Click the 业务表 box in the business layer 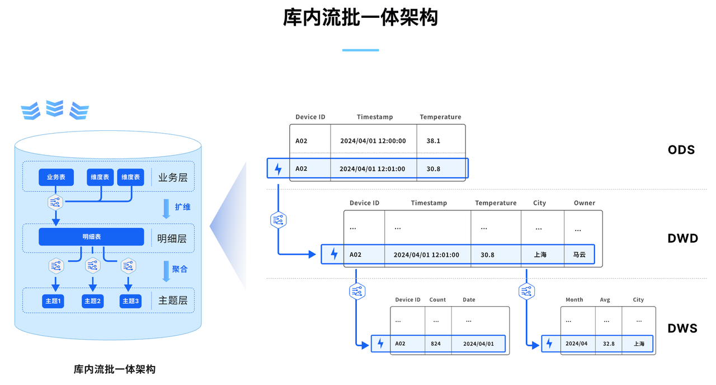pyautogui.click(x=56, y=177)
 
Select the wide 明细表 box pyautogui.click(x=91, y=237)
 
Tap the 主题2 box pyautogui.click(x=93, y=301)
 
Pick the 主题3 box pyautogui.click(x=130, y=301)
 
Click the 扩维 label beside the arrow pyautogui.click(x=182, y=207)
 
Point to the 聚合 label pyautogui.click(x=180, y=269)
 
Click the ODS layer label pyautogui.click(x=681, y=150)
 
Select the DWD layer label pyautogui.click(x=683, y=238)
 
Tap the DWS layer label pyautogui.click(x=682, y=328)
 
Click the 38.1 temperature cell pyautogui.click(x=433, y=141)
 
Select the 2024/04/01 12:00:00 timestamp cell pyautogui.click(x=373, y=141)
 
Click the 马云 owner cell pyautogui.click(x=579, y=255)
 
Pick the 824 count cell pyautogui.click(x=436, y=344)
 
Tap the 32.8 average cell pyautogui.click(x=609, y=344)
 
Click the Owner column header pyautogui.click(x=585, y=203)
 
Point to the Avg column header pyautogui.click(x=605, y=300)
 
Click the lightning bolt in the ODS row pyautogui.click(x=278, y=169)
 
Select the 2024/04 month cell pyautogui.click(x=576, y=344)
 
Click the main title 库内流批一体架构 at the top pyautogui.click(x=361, y=17)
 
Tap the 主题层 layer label pyautogui.click(x=173, y=301)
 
